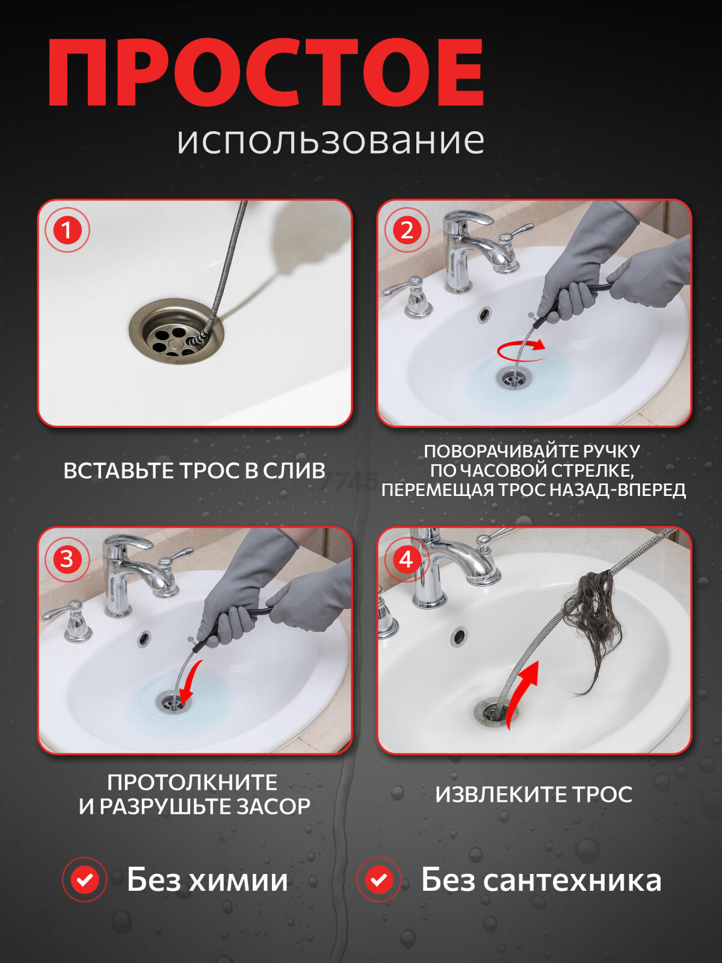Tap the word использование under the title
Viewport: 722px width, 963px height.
(x=330, y=141)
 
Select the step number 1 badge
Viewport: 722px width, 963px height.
(x=67, y=230)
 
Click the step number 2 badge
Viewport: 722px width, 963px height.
(x=406, y=230)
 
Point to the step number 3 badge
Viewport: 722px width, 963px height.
(x=67, y=559)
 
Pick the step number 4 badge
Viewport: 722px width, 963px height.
(x=406, y=559)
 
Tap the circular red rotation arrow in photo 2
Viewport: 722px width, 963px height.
(x=522, y=349)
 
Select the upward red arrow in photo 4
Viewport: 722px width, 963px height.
(x=521, y=692)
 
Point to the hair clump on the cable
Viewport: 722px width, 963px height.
(x=599, y=620)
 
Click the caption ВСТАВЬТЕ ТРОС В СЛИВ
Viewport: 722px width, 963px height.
(x=194, y=471)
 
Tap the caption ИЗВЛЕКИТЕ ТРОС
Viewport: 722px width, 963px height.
(x=534, y=794)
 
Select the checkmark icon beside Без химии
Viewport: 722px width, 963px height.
(x=84, y=880)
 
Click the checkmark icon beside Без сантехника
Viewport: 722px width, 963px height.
(x=378, y=880)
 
